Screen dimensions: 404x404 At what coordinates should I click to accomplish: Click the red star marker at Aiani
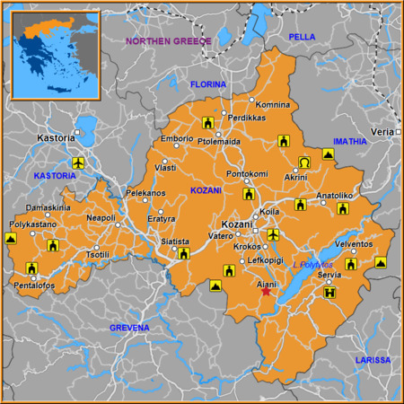[x=265, y=292]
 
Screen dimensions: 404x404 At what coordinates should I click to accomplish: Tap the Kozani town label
[x=237, y=224]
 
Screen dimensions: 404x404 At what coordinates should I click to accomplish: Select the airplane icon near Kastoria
[x=77, y=163]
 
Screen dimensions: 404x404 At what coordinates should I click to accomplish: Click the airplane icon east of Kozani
[x=273, y=234]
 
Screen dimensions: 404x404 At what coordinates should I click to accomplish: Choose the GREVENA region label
[x=129, y=329]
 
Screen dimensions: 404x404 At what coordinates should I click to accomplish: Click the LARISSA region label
[x=373, y=360]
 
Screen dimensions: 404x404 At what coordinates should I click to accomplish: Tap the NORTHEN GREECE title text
[x=168, y=41]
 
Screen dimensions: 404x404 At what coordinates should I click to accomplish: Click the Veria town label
[x=382, y=131]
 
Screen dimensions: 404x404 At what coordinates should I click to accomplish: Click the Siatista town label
[x=175, y=242]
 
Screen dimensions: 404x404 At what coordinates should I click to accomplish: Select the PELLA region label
[x=303, y=36]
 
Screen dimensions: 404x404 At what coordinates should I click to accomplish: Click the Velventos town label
[x=353, y=243]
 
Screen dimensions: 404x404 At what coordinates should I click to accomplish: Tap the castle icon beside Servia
[x=330, y=292]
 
